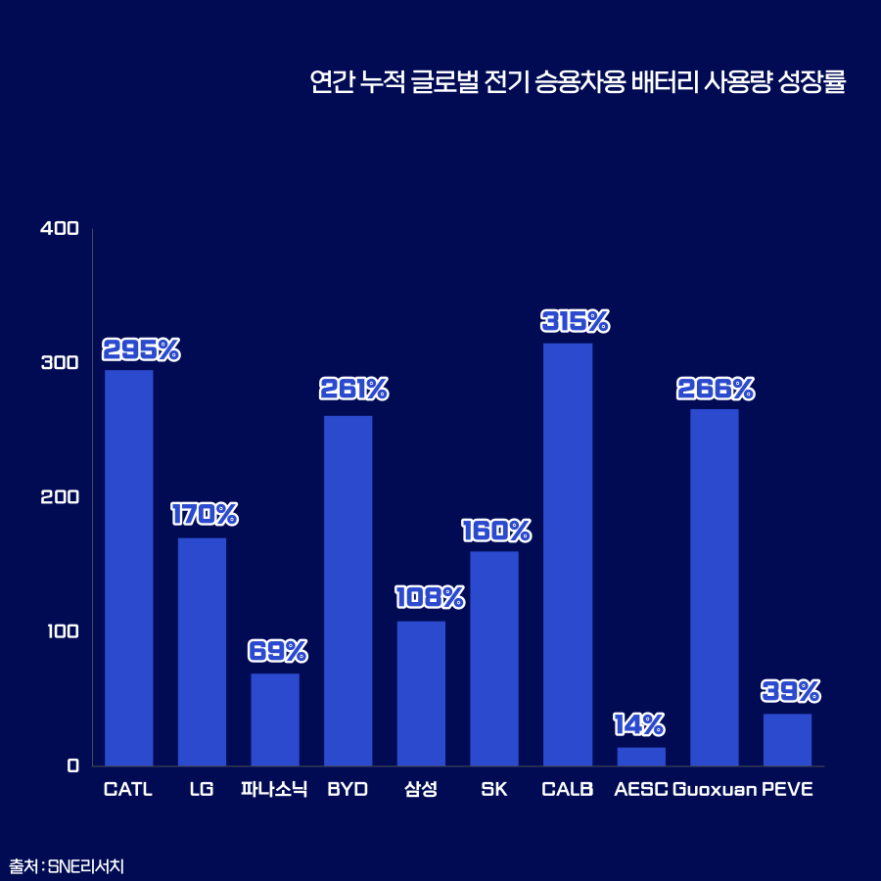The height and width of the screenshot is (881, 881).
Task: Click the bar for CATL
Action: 129,568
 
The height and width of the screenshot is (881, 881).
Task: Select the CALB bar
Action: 568,554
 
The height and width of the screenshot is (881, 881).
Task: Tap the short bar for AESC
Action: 641,757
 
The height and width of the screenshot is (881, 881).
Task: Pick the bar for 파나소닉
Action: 275,719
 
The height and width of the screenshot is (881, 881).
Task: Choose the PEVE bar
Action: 787,740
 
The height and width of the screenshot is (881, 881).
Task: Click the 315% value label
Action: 576,321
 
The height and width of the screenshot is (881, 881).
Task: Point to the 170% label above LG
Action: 205,514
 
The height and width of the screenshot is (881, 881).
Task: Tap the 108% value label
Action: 430,597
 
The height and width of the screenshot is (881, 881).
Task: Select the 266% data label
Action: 716,389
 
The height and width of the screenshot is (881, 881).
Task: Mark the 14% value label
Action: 639,724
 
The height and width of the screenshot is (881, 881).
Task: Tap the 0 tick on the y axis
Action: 72,765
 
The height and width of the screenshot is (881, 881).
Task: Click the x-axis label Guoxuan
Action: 715,790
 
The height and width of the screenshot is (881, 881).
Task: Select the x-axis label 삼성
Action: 421,790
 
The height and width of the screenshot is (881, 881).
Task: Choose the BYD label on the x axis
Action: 348,790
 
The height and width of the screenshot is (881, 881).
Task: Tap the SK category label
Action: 494,790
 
